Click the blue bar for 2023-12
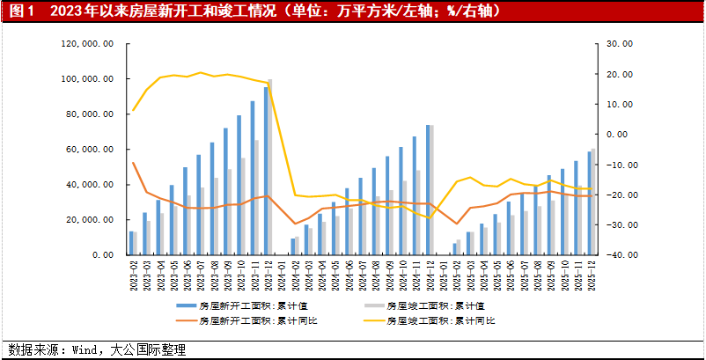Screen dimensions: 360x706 tap(266, 171)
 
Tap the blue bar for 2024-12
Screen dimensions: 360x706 tap(428, 189)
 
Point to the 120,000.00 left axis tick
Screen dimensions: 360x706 tap(87, 43)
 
